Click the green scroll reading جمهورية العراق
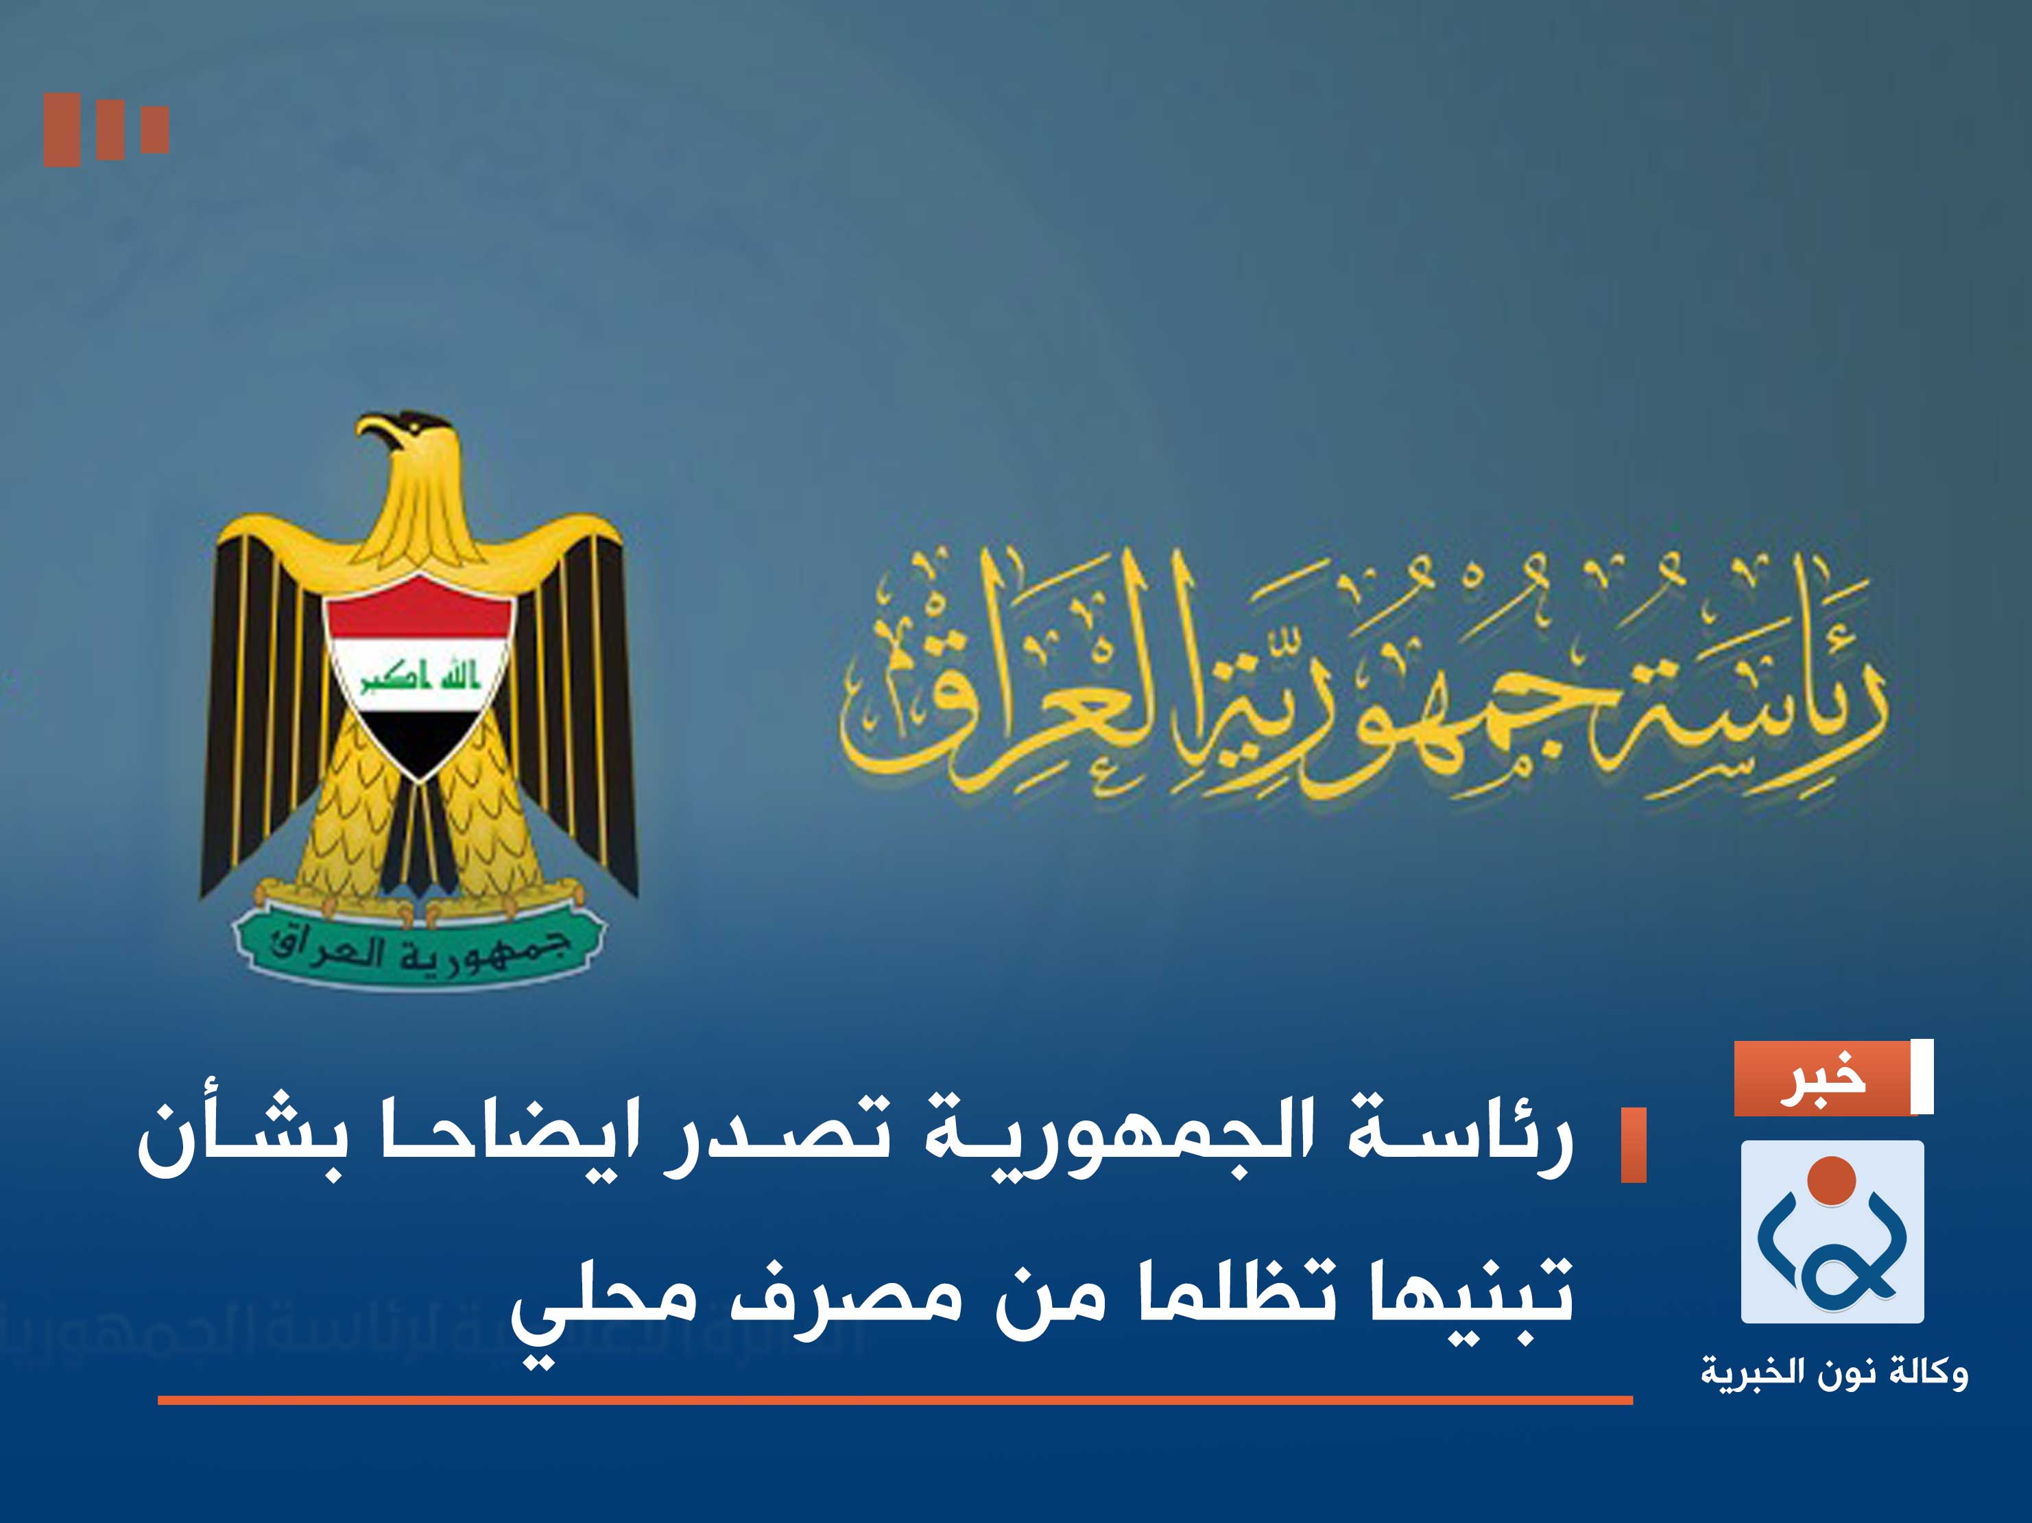pyautogui.click(x=419, y=950)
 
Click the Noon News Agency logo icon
pyautogui.click(x=1832, y=1231)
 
